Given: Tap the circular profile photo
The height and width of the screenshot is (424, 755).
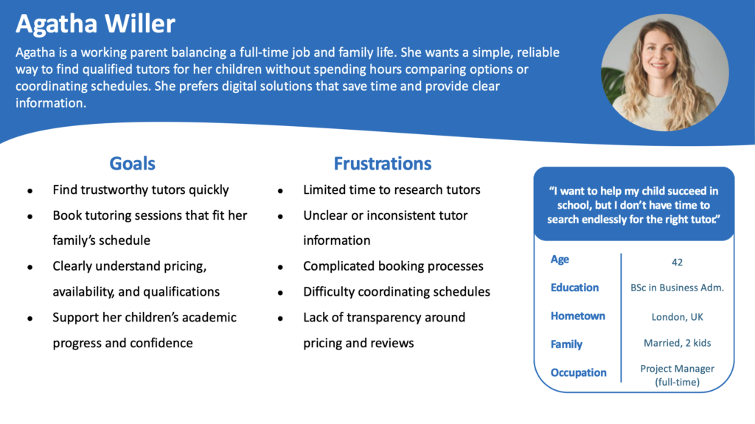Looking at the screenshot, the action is click(665, 72).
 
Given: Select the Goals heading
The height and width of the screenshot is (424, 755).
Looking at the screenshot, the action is click(133, 164).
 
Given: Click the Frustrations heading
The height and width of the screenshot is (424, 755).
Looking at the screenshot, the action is click(383, 164).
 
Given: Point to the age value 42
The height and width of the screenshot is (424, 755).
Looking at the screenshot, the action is click(677, 262).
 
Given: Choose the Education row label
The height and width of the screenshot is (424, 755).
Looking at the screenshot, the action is click(574, 288).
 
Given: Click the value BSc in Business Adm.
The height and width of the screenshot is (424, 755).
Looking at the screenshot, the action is click(677, 288).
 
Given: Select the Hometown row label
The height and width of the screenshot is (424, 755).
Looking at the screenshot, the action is click(578, 316).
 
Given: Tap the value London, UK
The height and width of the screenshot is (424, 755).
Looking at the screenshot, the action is click(677, 317).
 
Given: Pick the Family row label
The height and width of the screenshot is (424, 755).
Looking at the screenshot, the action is click(566, 344).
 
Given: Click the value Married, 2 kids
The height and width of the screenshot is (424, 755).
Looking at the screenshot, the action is click(677, 343).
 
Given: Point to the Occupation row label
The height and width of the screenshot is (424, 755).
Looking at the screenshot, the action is click(578, 372).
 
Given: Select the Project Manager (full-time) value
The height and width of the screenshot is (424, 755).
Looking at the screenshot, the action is click(677, 375).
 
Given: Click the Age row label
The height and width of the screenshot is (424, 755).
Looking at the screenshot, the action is click(560, 260).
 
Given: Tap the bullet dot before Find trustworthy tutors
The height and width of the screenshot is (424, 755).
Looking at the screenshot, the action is click(29, 191).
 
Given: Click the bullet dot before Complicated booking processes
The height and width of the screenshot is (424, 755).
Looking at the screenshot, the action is click(280, 267).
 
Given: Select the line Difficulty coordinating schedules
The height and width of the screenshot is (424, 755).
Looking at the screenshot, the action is click(397, 291).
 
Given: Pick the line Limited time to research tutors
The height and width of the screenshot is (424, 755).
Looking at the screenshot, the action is click(392, 190).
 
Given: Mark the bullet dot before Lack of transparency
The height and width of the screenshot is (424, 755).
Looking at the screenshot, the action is click(280, 319).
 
